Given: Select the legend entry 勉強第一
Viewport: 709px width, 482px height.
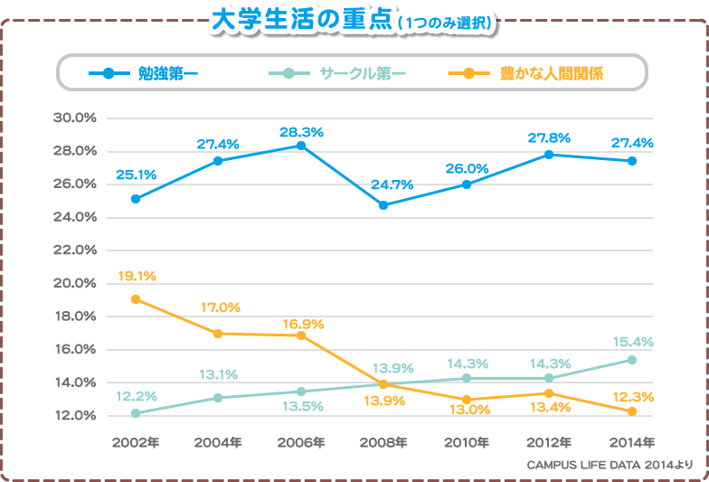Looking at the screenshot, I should [x=168, y=73].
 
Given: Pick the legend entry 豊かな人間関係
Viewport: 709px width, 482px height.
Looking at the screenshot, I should [x=551, y=73].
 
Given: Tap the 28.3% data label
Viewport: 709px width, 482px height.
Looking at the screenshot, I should [x=301, y=132].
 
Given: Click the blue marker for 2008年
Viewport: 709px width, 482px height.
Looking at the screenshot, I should [x=383, y=205].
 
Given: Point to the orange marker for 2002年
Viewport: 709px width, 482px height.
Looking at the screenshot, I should [x=136, y=299].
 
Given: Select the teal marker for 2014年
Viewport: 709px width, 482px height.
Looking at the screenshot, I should [x=632, y=360].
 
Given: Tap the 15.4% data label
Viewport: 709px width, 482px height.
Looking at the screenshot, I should [x=632, y=343].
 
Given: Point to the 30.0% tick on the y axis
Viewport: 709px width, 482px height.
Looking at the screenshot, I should [x=75, y=118].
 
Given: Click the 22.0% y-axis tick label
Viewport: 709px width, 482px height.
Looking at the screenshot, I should [x=75, y=250].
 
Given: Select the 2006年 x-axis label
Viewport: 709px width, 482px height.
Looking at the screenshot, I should [x=301, y=442].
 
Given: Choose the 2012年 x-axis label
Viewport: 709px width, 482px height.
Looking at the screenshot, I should [x=549, y=442].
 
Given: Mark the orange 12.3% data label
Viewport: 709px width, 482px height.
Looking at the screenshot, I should [x=632, y=396].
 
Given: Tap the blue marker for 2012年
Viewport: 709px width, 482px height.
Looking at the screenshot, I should [x=549, y=155].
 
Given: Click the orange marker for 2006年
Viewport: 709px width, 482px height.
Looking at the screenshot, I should [x=301, y=336].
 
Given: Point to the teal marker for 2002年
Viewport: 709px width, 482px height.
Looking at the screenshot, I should [x=136, y=413].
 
